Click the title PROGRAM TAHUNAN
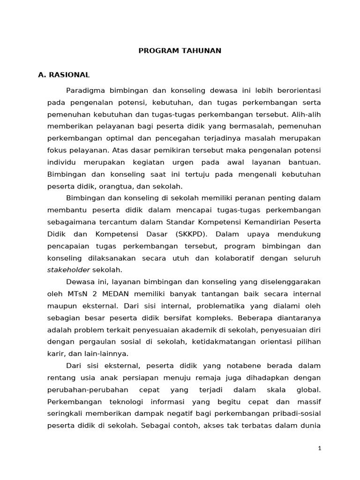(180, 51)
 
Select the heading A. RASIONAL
(64, 75)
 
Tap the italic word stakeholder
(69, 270)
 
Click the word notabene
(247, 366)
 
